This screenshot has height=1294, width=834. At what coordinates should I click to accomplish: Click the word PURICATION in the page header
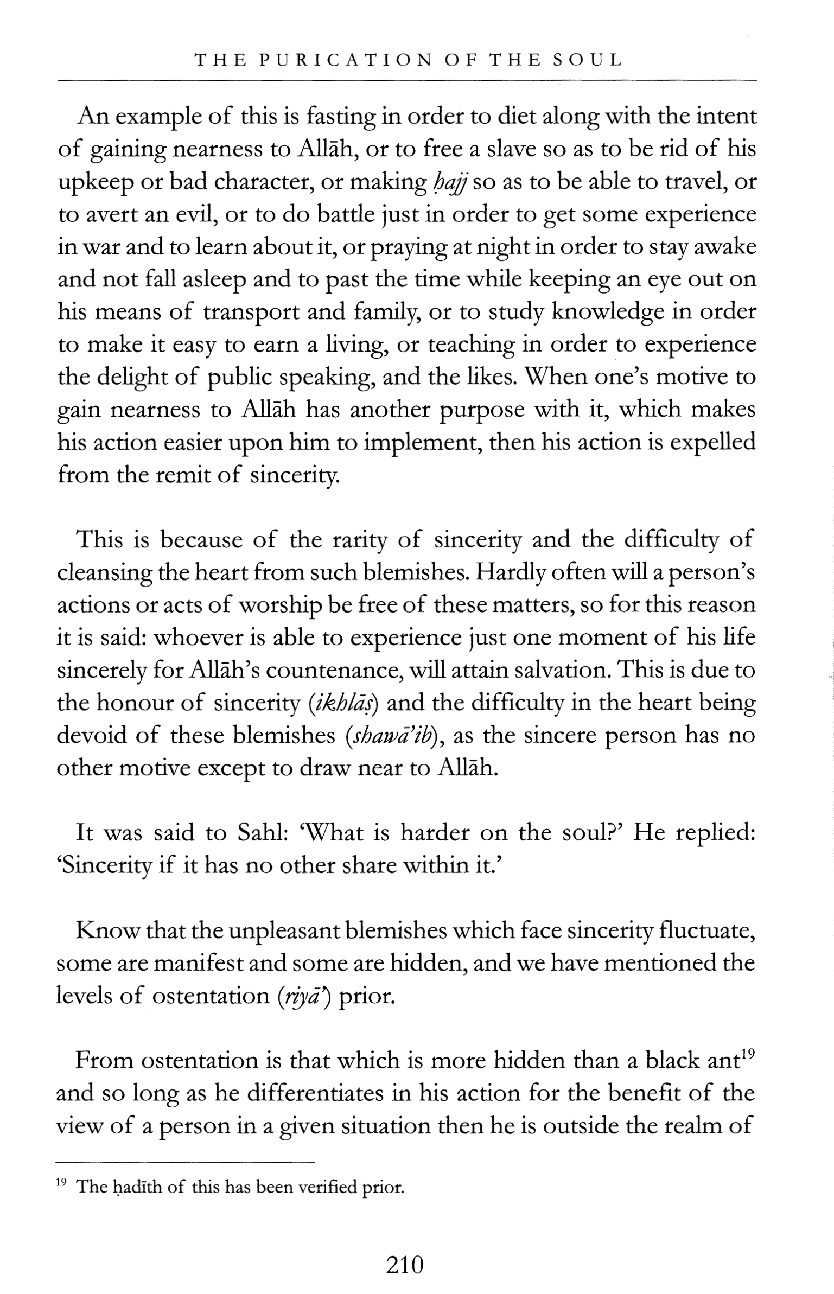[346, 60]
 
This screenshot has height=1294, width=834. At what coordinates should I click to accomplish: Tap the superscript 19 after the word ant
[748, 1054]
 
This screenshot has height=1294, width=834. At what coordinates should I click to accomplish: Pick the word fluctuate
[706, 931]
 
